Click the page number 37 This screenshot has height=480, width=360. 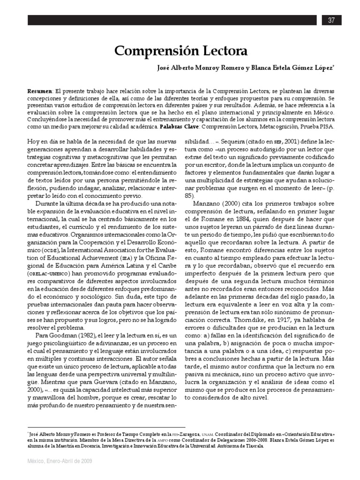tap(331, 20)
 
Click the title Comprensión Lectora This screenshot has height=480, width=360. tap(180, 51)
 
